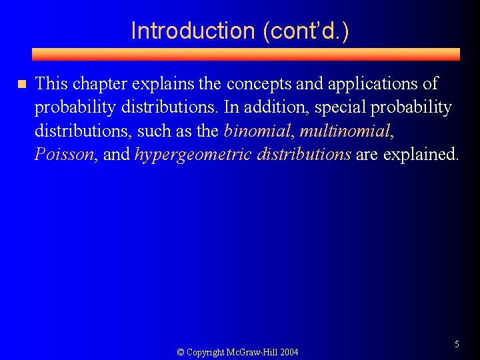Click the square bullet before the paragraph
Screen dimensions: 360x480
pyautogui.click(x=21, y=85)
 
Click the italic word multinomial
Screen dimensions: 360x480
pyautogui.click(x=344, y=131)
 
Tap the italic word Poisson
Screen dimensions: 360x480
pyautogui.click(x=64, y=155)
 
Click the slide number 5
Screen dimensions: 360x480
pyautogui.click(x=457, y=344)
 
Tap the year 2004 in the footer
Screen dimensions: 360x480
pyautogui.click(x=289, y=352)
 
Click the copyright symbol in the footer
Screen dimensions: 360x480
pyautogui.click(x=180, y=352)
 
